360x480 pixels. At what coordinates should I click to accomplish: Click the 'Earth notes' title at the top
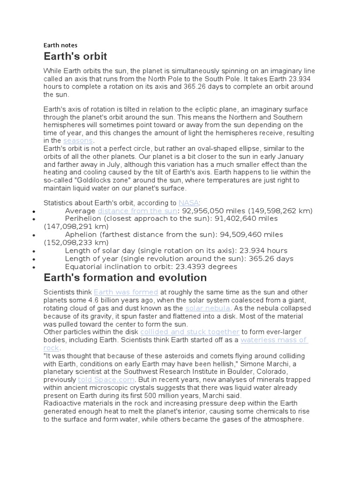[60, 45]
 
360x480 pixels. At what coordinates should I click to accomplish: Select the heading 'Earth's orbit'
[75, 57]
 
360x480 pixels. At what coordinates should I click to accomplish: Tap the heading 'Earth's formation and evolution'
[125, 277]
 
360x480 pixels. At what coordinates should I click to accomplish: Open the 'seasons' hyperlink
[78, 141]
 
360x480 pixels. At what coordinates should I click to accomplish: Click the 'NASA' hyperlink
[188, 203]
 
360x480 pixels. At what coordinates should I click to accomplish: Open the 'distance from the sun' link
[137, 211]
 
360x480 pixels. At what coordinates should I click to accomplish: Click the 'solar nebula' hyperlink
[208, 308]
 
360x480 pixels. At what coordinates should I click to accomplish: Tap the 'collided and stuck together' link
[190, 332]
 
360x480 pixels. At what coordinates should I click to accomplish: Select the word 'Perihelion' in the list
[83, 219]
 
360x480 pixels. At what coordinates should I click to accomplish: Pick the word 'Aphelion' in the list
[80, 235]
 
